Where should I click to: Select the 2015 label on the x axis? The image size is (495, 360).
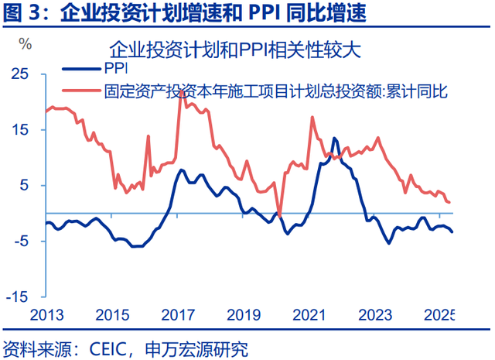[x=113, y=315]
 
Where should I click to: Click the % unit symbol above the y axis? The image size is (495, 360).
[x=26, y=43]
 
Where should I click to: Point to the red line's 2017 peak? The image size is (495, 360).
[x=180, y=91]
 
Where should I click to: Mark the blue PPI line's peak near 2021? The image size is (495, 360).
[x=334, y=139]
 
